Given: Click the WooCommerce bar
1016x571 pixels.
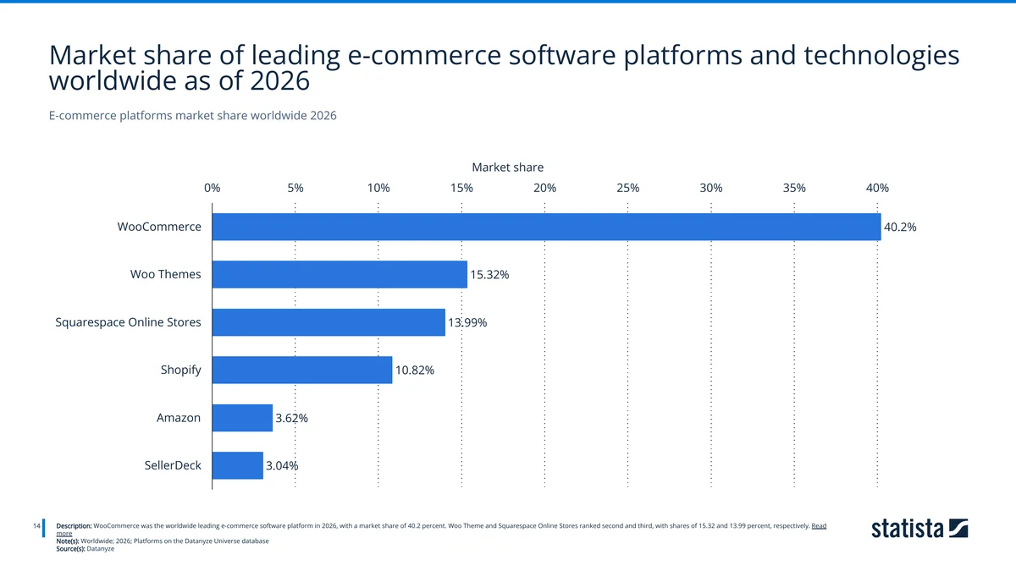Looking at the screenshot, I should click(546, 227).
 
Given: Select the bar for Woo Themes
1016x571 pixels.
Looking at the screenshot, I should click(340, 274).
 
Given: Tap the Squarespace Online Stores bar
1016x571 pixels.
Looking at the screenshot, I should click(329, 322).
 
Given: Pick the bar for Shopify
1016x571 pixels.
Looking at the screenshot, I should click(302, 370).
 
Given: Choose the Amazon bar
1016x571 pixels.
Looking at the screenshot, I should click(242, 418).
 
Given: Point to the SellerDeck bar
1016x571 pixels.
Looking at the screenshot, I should click(237, 465).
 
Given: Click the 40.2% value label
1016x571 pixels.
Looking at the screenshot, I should click(900, 228).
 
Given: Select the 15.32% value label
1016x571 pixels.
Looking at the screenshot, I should click(489, 275).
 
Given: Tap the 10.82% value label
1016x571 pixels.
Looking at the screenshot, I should click(415, 371).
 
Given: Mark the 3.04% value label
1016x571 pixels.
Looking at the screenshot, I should click(282, 466).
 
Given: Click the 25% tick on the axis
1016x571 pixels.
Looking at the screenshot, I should click(627, 188).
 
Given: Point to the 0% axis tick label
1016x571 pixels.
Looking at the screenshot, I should click(212, 188).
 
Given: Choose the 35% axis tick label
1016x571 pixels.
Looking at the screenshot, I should click(794, 188).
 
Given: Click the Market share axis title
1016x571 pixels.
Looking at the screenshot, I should click(507, 167).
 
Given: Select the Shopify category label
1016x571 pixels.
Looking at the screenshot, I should click(180, 370).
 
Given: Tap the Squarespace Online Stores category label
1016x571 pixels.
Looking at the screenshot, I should click(128, 322).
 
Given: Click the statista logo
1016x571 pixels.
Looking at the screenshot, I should click(919, 530).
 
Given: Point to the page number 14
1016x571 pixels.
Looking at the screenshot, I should click(36, 526).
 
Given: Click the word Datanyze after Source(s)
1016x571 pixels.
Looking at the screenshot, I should click(100, 548).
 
